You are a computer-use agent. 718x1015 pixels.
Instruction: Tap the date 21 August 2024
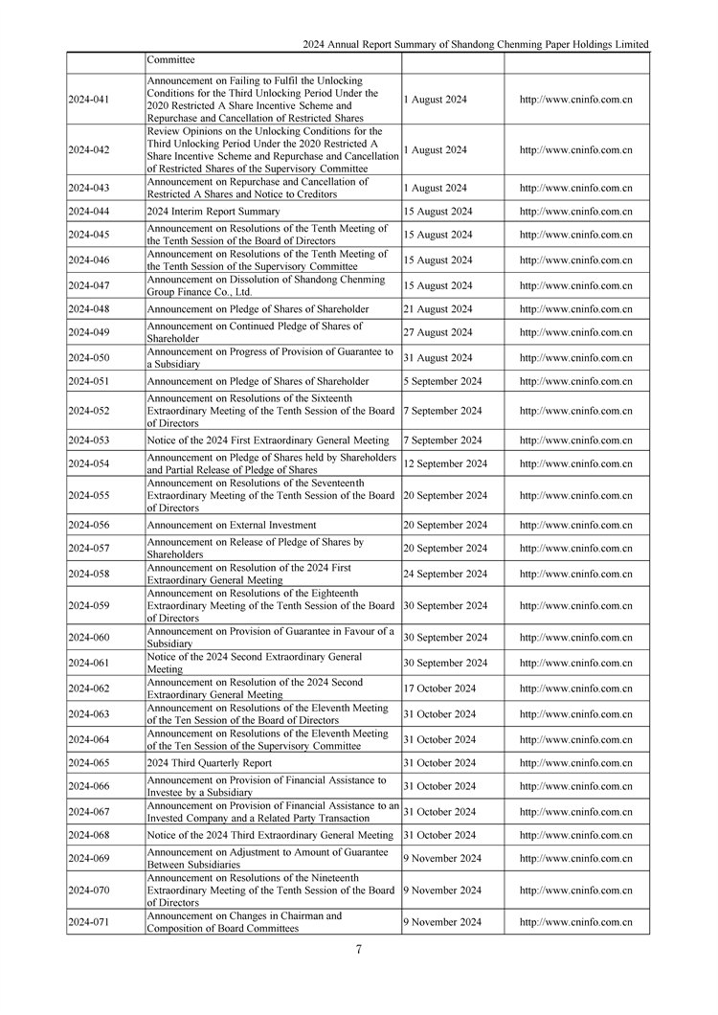438,309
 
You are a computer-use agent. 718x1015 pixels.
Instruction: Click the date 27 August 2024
438,332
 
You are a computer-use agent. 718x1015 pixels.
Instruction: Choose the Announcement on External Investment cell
232,525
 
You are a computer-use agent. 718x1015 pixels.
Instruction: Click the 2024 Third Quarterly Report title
209,763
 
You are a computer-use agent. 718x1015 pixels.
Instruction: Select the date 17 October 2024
439,688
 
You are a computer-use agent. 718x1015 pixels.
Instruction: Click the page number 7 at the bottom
358,949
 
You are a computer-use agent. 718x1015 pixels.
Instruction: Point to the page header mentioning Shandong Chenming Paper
475,44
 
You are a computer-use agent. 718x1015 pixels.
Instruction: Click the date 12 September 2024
444,463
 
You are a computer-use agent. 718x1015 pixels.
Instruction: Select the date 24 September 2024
444,574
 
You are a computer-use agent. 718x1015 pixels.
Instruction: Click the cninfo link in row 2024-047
575,285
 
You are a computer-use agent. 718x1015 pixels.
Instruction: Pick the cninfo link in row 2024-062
575,688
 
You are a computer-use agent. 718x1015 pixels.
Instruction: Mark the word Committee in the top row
170,59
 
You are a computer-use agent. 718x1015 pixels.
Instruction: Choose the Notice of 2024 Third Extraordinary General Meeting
270,835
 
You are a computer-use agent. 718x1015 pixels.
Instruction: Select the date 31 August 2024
438,357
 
